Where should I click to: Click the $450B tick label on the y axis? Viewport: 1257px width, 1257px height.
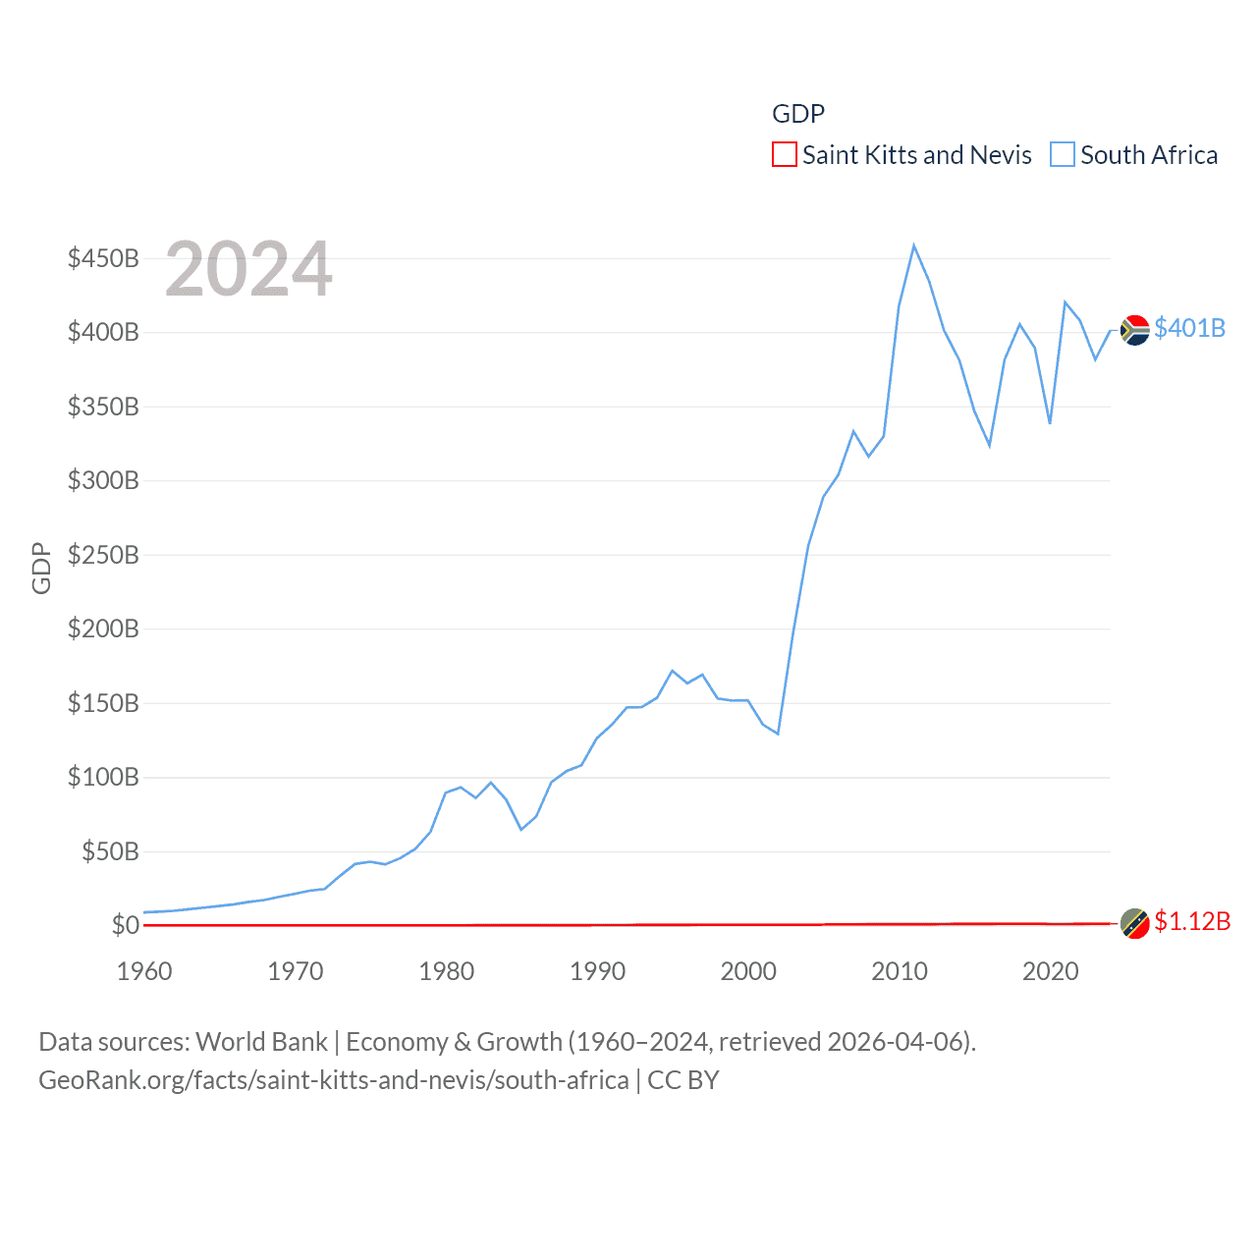point(103,259)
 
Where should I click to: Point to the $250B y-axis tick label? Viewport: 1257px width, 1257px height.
point(103,556)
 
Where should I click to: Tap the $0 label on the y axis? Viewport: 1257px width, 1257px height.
point(126,926)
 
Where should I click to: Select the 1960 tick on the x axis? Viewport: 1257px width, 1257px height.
point(144,972)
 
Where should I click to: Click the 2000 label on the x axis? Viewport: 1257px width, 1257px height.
point(748,972)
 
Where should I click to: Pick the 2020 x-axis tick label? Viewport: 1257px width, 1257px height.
point(1051,972)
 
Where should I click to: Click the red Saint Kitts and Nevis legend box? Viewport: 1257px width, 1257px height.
point(785,155)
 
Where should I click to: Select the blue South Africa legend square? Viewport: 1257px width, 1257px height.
point(1063,155)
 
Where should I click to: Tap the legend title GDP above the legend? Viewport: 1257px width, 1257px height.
point(798,114)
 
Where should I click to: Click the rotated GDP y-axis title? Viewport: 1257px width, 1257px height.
point(41,568)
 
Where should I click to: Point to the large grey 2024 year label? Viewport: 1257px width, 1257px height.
point(248,270)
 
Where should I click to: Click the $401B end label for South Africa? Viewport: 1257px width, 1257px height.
point(1190,328)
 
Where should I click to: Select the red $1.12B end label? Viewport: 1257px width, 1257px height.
point(1192,922)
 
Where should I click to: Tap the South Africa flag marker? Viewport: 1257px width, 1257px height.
point(1135,330)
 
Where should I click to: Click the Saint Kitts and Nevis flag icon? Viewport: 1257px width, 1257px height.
point(1135,924)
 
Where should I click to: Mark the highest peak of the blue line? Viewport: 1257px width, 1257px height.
point(913,246)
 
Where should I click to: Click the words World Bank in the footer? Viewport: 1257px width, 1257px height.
point(262,1042)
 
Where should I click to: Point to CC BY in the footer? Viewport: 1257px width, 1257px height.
point(683,1081)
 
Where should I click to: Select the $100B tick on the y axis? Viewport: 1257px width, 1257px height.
point(103,778)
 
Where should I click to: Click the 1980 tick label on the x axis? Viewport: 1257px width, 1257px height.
point(447,972)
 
